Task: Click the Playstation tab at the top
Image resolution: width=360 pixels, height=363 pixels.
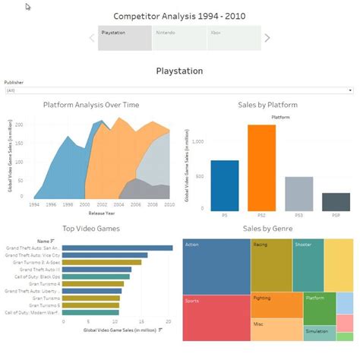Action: (x=125, y=37)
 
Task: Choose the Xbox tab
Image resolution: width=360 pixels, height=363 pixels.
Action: (x=232, y=37)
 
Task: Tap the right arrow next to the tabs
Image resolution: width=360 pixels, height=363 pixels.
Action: (x=267, y=38)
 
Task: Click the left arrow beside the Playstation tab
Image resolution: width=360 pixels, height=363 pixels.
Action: (x=93, y=38)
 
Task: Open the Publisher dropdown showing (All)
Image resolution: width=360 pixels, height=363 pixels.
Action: (x=179, y=90)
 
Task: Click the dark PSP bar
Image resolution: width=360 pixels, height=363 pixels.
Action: (x=336, y=202)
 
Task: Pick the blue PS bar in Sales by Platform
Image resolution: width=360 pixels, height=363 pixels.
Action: (x=224, y=185)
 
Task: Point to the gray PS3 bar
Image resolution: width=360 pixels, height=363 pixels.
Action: (x=298, y=194)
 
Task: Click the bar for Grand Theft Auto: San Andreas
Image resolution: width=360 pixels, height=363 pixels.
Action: (x=117, y=248)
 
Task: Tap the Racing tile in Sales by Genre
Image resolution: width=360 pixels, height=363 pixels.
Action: (x=271, y=264)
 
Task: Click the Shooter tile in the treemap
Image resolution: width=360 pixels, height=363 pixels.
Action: (x=308, y=264)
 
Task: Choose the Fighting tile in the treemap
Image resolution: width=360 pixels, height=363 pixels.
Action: (x=276, y=304)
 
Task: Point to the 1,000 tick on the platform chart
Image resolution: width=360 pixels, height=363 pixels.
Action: (x=199, y=142)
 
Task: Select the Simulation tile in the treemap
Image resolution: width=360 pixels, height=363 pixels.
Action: (x=318, y=333)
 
